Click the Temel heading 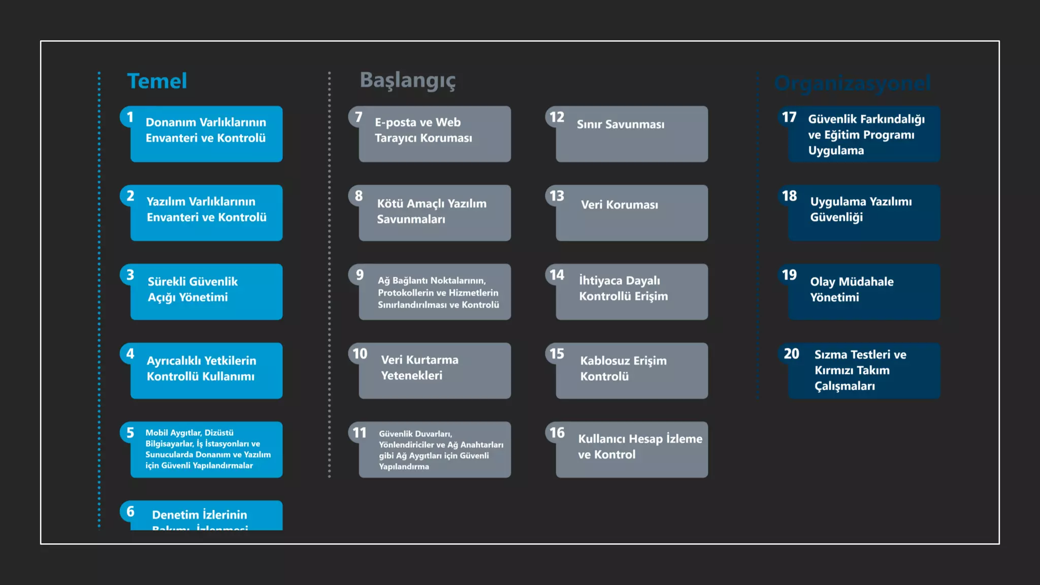click(x=157, y=81)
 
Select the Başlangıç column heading click(x=408, y=80)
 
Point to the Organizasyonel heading click(x=853, y=83)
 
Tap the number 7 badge click(x=359, y=117)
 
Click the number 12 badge click(x=557, y=117)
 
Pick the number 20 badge click(x=791, y=354)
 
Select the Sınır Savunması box click(x=632, y=135)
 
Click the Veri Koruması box click(x=632, y=213)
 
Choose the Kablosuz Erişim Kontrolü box click(x=632, y=371)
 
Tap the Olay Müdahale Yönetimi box click(x=864, y=292)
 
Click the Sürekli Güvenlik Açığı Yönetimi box click(x=206, y=292)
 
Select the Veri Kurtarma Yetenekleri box click(x=435, y=371)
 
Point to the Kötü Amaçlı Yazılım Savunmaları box click(x=435, y=213)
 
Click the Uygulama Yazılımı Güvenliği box click(x=864, y=213)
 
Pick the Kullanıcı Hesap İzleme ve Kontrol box click(x=632, y=449)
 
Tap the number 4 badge click(x=130, y=354)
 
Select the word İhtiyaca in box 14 click(x=601, y=280)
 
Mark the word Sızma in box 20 click(x=831, y=354)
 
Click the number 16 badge click(x=557, y=433)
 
